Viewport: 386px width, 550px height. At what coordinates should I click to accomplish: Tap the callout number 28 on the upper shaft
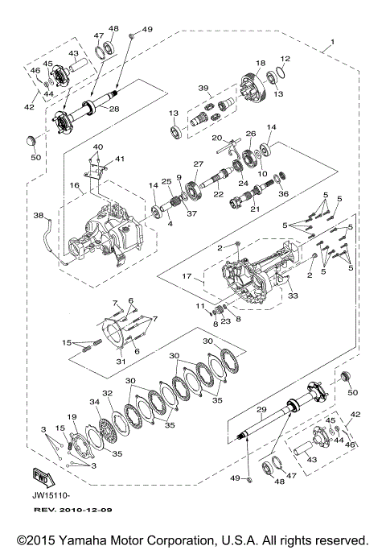[x=114, y=109]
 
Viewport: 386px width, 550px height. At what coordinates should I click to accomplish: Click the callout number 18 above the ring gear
[x=261, y=63]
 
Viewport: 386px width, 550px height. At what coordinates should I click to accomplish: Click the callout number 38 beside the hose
[x=37, y=216]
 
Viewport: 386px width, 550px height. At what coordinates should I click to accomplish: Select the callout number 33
[x=291, y=296]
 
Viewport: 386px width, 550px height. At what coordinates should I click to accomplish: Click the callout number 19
[x=72, y=416]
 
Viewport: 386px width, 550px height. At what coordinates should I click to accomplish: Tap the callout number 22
[x=218, y=194]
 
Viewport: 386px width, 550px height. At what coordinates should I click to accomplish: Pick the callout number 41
[x=120, y=159]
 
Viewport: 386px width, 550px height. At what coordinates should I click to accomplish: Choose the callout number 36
[x=282, y=193]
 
